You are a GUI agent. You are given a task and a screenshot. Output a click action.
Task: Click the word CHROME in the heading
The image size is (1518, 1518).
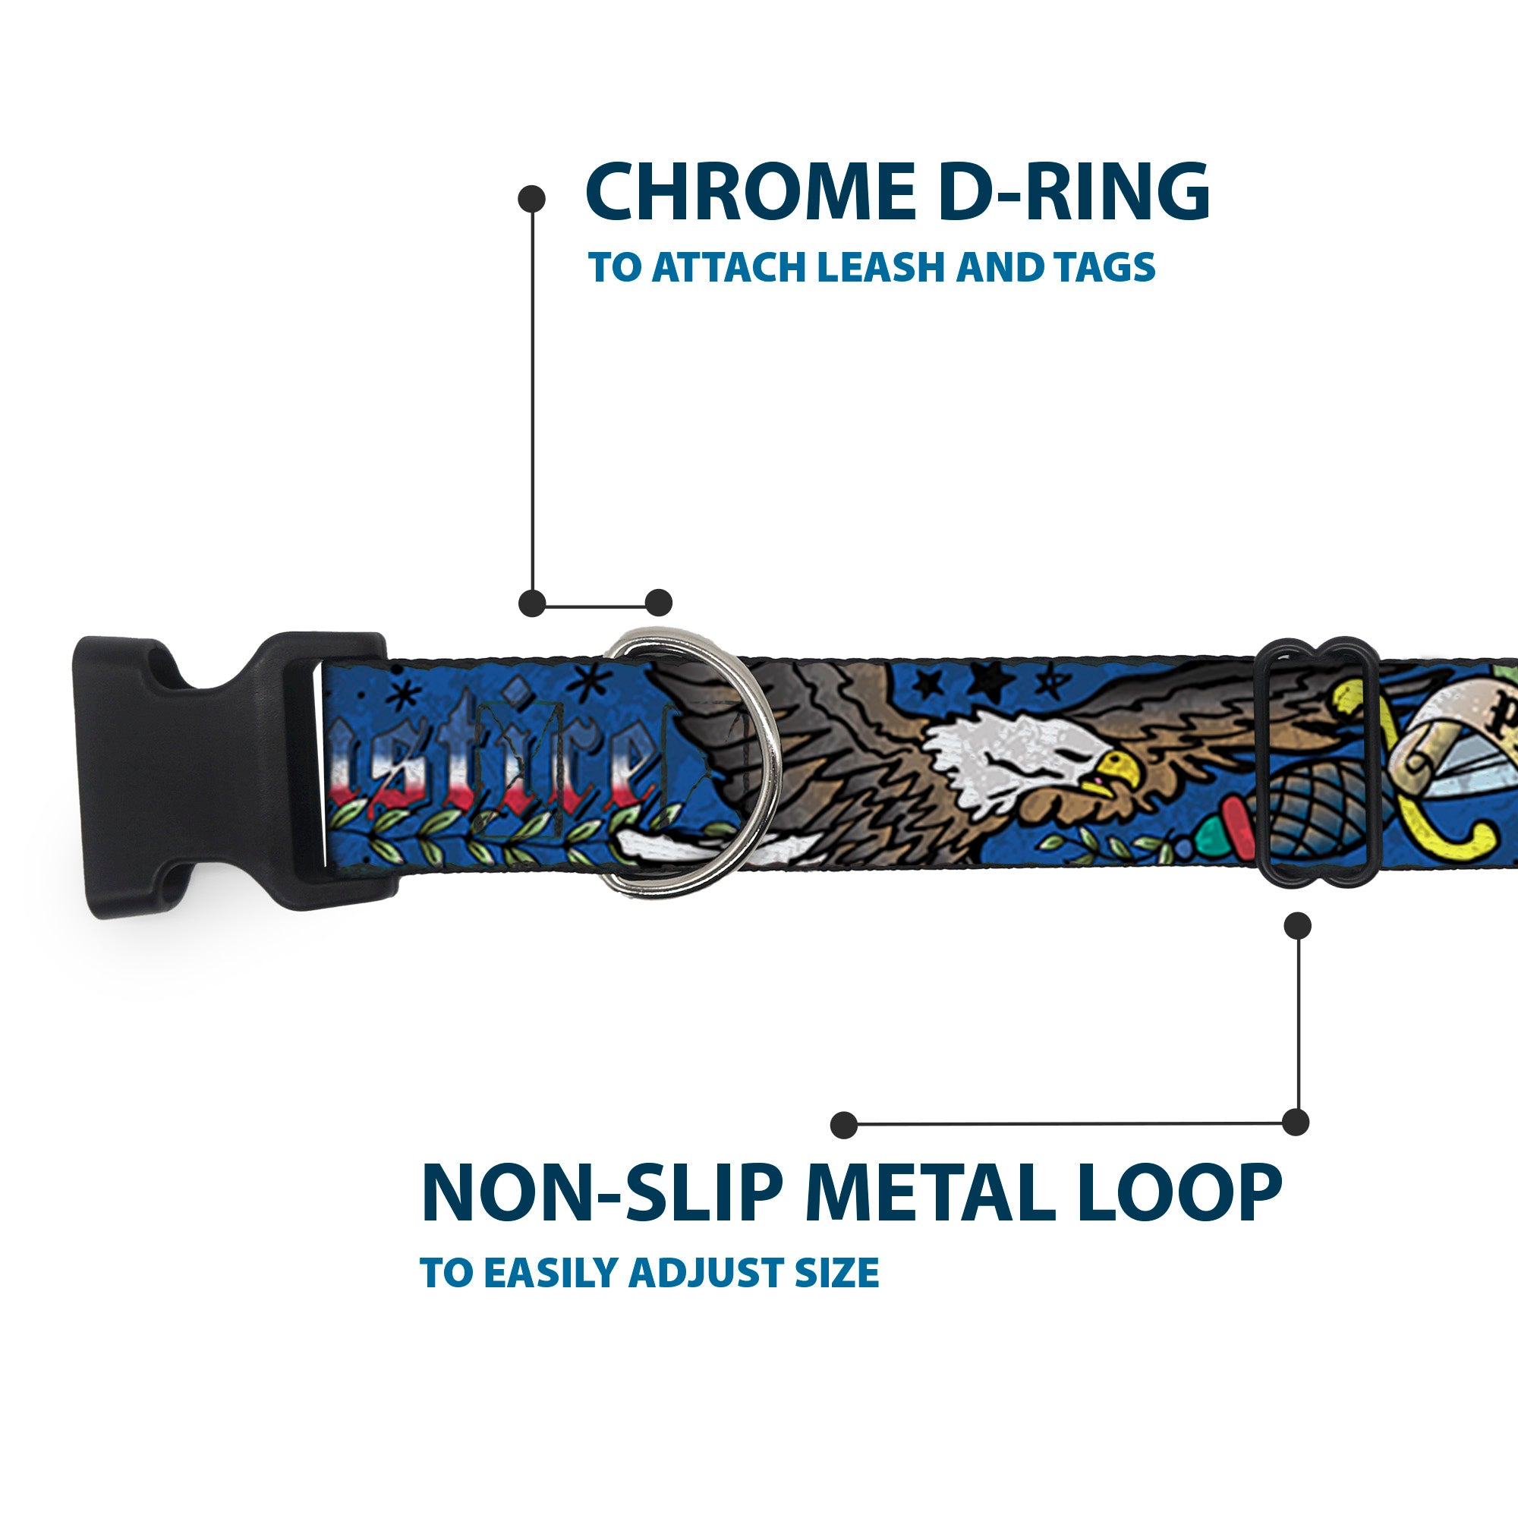750,193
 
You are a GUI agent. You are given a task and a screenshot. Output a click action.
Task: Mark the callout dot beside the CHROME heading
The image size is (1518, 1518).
532,199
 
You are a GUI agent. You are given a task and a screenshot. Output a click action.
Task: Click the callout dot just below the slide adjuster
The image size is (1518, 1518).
1297,925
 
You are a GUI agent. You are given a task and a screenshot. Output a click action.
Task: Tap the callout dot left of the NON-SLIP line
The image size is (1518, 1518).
844,1125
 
